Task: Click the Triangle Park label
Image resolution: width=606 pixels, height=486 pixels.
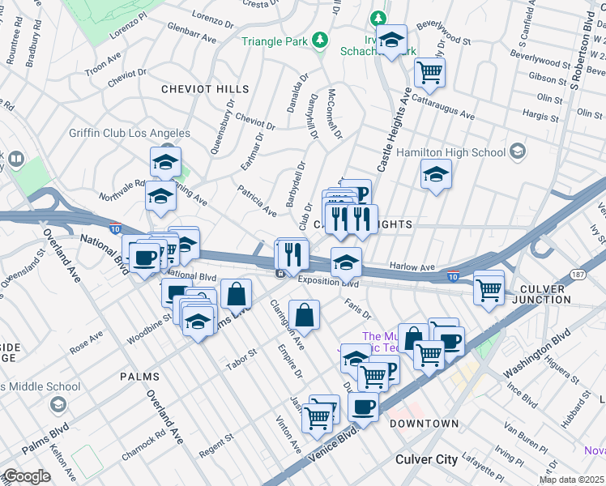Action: click(278, 40)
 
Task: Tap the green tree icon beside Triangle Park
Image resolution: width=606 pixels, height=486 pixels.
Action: click(321, 40)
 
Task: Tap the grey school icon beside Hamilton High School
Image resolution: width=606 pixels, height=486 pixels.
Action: click(517, 151)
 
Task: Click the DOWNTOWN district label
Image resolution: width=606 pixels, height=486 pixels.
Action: click(424, 424)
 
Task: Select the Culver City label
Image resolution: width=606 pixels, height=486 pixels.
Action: click(426, 459)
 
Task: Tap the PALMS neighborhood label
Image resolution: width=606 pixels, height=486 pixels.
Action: click(139, 377)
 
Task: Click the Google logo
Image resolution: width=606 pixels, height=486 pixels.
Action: click(27, 476)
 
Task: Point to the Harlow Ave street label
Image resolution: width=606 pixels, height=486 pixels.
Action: click(413, 266)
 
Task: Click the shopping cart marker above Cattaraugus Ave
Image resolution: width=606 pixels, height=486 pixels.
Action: click(429, 73)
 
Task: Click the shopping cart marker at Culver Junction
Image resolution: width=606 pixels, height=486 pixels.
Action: click(489, 288)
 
